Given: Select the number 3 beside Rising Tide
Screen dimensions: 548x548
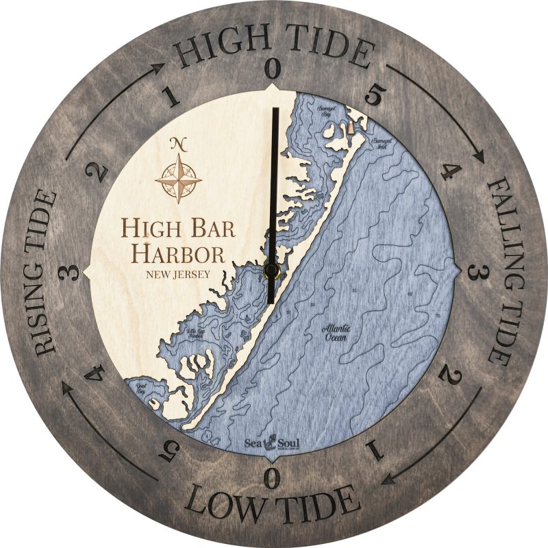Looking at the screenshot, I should tap(67, 273).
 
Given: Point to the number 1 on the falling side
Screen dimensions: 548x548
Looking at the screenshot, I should tap(374, 449).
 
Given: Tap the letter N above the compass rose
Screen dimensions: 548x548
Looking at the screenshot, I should tap(179, 144).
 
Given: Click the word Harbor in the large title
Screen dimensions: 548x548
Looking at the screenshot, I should tap(178, 253).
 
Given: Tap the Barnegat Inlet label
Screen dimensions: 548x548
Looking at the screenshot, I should tap(382, 142).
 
